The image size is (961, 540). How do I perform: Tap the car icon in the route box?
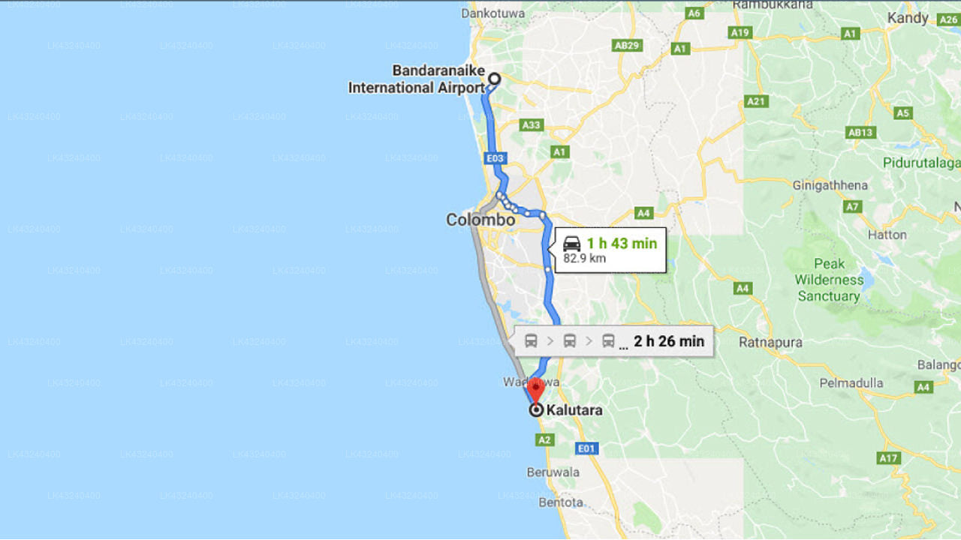[x=572, y=243]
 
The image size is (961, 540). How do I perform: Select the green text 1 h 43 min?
[x=622, y=243]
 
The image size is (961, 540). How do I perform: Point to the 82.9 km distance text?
[x=584, y=259]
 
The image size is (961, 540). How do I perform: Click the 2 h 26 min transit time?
[x=669, y=342]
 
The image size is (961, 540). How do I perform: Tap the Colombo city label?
[x=480, y=220]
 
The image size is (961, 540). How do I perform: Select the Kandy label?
[x=908, y=17]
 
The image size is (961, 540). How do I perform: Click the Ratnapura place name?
[x=770, y=342]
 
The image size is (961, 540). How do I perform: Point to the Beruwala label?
[x=553, y=472]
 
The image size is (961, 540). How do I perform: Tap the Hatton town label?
[x=887, y=234]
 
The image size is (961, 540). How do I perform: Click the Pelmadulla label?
[x=851, y=382]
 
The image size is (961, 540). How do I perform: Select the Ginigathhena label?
[x=830, y=184]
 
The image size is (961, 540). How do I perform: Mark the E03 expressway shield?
[x=496, y=158]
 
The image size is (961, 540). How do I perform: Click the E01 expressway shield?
[x=586, y=448]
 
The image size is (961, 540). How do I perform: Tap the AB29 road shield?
[x=627, y=46]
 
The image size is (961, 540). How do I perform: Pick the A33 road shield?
[x=531, y=125]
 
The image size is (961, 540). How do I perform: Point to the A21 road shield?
[x=756, y=101]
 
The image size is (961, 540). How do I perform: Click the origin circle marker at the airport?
[x=494, y=78]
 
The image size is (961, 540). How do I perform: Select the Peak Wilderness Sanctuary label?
[x=829, y=280]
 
